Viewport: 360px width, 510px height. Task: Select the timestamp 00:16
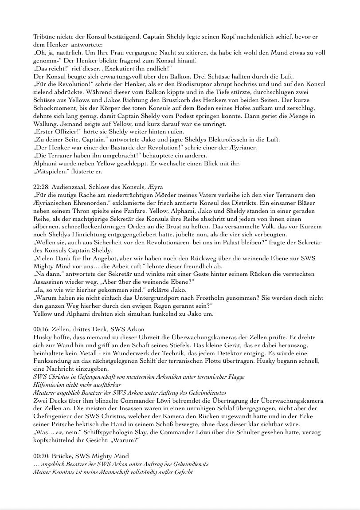coord(41,329)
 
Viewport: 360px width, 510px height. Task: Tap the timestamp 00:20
coord(41,456)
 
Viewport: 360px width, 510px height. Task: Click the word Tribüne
coord(44,36)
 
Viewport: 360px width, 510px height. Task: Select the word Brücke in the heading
coord(64,456)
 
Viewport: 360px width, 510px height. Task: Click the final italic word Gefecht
coord(182,472)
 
